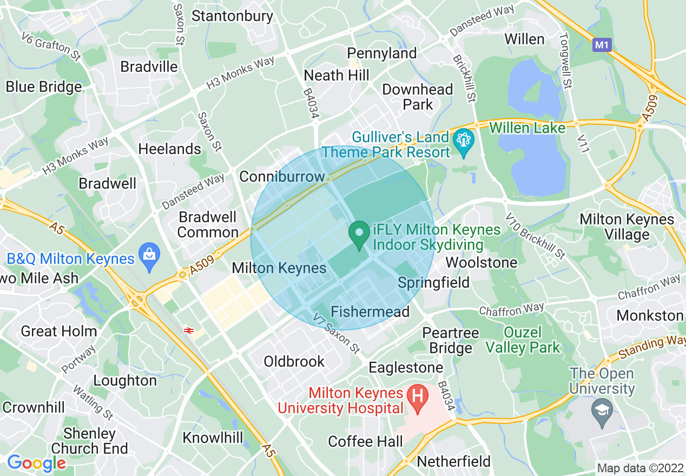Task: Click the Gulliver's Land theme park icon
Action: pos(463,142)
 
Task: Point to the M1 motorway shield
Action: pos(602,45)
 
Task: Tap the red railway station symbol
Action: pos(189,329)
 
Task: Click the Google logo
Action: pos(36,462)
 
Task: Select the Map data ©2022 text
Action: pos(639,467)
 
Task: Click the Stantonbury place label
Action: pos(233,16)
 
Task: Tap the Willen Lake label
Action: pos(527,128)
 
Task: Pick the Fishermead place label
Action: pos(370,312)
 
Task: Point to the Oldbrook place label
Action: pos(294,361)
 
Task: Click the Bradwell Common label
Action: pos(208,224)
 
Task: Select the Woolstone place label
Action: pos(481,262)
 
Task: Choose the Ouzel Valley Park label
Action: pos(523,340)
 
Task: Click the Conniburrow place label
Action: pos(282,176)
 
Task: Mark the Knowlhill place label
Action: pos(213,437)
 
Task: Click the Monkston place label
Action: pos(650,315)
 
